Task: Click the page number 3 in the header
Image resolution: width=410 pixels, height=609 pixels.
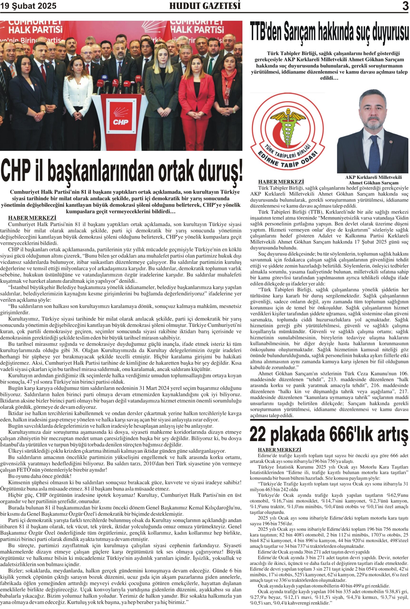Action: [405, 6]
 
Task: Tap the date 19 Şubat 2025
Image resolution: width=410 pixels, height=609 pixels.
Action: [28, 6]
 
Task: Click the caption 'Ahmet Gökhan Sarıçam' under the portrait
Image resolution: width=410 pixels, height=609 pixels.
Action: [373, 183]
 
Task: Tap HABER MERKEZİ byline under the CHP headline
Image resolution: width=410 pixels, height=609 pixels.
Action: [32, 218]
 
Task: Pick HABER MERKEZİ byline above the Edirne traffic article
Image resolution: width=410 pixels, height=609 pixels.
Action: [279, 450]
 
